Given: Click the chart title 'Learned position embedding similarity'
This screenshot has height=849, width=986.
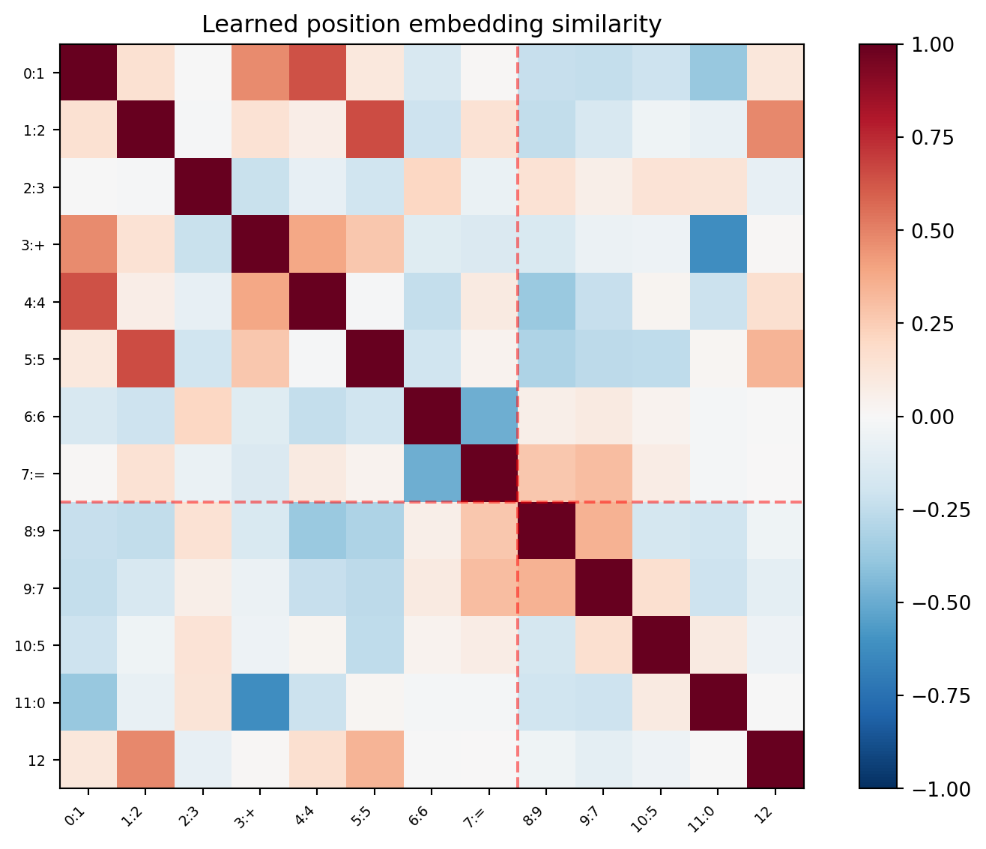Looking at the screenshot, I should [432, 25].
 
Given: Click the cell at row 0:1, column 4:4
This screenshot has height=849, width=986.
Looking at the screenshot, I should [317, 73].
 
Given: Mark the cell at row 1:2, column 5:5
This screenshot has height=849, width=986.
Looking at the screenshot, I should [375, 130].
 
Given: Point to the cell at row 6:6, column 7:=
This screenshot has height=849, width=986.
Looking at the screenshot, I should [489, 417].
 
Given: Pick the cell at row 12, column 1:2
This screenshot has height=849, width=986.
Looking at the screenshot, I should [145, 760].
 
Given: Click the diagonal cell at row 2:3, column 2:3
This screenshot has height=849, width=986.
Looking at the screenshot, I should [203, 188].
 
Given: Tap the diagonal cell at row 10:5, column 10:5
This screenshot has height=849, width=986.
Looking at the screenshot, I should [661, 645].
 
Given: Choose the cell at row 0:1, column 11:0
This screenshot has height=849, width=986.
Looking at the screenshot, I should [718, 73].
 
